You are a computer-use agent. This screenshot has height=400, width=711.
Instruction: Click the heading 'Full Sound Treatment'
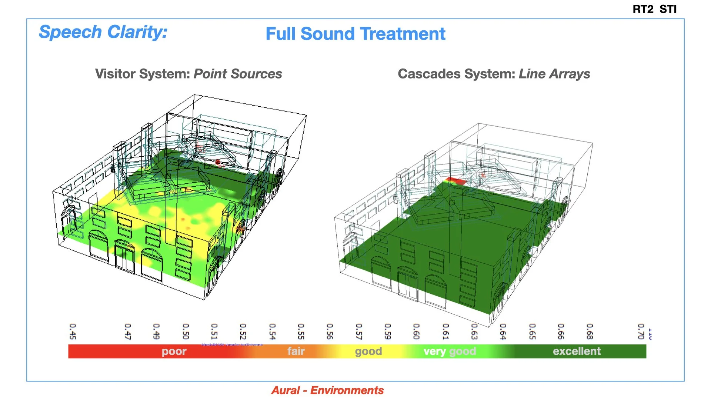tap(355, 34)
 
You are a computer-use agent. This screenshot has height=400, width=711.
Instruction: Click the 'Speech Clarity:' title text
tap(103, 32)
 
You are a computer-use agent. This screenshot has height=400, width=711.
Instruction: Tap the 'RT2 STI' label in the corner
tap(654, 9)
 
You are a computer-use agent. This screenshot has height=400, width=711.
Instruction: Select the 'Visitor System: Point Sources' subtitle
tap(188, 74)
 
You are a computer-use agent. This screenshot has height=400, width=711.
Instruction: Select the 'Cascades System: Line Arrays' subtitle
tap(494, 74)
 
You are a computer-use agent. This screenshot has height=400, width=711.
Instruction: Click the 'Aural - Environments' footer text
tap(327, 390)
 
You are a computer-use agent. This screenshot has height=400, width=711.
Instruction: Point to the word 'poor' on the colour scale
tap(174, 351)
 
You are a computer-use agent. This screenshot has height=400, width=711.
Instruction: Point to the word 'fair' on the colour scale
tap(296, 351)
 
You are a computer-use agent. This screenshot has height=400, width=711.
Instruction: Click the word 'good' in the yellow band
tap(368, 351)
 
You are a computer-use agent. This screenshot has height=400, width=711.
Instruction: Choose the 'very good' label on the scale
tap(450, 351)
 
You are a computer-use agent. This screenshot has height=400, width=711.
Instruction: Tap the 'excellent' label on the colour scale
tap(577, 351)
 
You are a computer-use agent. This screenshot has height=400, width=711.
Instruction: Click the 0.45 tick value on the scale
tap(73, 331)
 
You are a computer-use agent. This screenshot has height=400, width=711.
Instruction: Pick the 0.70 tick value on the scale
tap(641, 331)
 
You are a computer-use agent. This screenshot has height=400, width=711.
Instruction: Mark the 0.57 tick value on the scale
tap(359, 331)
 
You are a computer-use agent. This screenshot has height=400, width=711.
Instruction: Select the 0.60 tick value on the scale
tap(416, 331)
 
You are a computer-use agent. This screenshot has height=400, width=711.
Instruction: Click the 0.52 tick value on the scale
tap(243, 331)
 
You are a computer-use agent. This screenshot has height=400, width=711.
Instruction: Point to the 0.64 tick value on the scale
tap(503, 331)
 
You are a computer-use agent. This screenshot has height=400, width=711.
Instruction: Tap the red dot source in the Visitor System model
tap(218, 162)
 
